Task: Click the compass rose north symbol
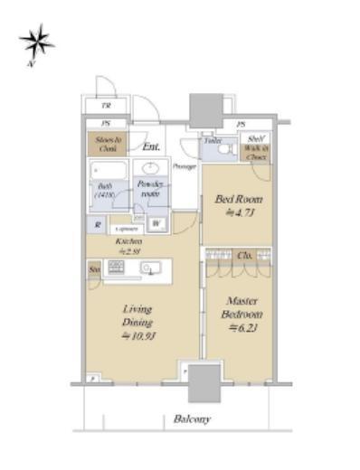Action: (36, 42)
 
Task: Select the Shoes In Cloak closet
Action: (105, 143)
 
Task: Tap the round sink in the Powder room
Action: (149, 168)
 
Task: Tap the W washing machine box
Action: (156, 223)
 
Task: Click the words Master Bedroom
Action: (242, 307)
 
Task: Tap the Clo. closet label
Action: (245, 256)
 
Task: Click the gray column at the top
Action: (204, 108)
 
